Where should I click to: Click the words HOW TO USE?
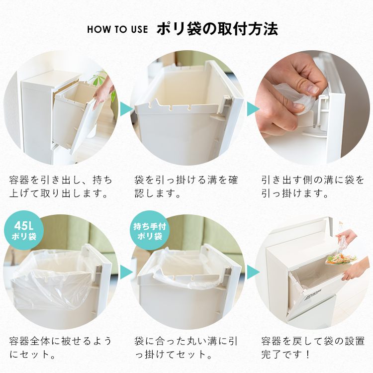[x=117, y=29]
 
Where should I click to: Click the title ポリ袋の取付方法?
[x=217, y=29]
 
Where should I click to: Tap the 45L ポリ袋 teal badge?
[x=24, y=230]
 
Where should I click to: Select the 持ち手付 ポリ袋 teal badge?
[x=150, y=230]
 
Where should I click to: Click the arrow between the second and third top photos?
[x=253, y=109]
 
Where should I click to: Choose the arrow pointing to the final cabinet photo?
[x=253, y=272]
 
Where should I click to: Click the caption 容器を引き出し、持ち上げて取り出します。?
[x=61, y=186]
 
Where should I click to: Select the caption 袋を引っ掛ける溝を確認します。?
[x=186, y=186]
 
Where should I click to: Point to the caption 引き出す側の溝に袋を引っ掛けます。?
[x=313, y=186]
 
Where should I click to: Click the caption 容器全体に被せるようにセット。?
[x=61, y=348]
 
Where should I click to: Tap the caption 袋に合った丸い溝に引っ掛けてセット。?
[x=186, y=348]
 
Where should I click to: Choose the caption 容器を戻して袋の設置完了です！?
[x=313, y=348]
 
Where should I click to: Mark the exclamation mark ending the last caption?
[x=308, y=355]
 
